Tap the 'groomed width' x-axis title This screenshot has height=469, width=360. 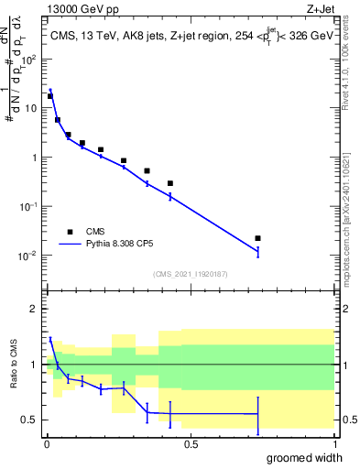[x=292, y=457]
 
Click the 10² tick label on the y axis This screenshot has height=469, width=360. [x=28, y=59]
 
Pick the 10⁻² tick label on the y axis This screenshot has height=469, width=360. [x=28, y=256]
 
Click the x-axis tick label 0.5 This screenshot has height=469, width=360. [x=191, y=444]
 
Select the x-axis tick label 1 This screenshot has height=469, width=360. [x=333, y=444]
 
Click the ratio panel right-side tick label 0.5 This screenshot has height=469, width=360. [x=347, y=420]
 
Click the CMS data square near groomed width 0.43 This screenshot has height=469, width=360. [x=170, y=183]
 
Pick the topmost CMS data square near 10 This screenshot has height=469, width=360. [x=50, y=96]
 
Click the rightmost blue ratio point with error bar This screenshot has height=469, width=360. [x=257, y=415]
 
